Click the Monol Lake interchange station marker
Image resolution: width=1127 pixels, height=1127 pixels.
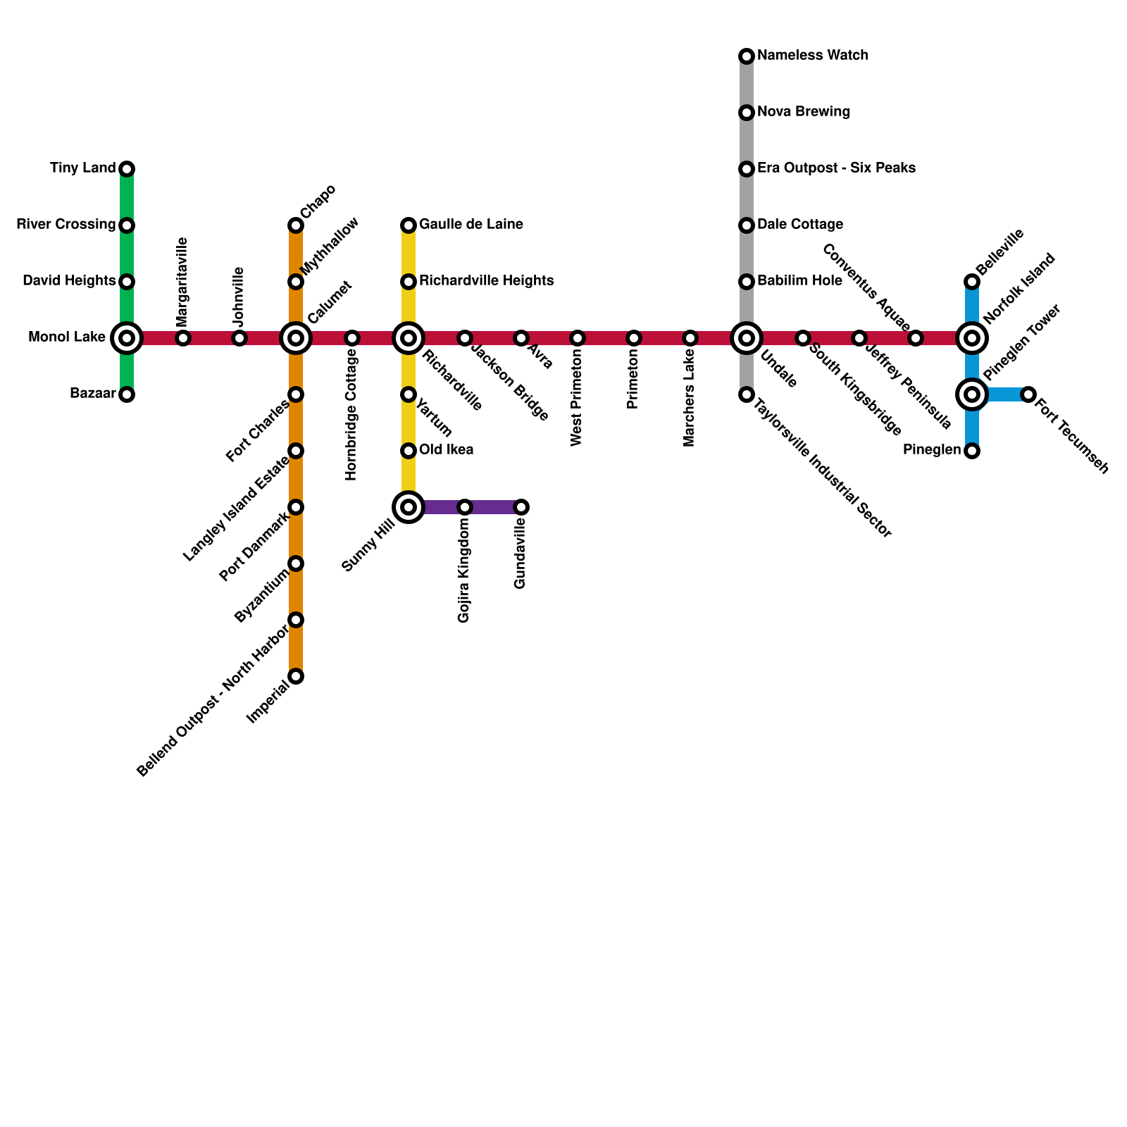tap(127, 338)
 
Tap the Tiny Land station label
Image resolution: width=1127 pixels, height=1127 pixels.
tap(82, 168)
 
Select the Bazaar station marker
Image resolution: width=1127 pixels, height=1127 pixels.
tap(127, 394)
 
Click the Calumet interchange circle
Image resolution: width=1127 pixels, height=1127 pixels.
tap(296, 338)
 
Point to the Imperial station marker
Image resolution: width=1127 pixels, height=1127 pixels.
tap(296, 676)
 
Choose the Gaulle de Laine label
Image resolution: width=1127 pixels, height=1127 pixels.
tap(471, 225)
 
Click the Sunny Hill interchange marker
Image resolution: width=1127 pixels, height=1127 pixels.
tap(409, 507)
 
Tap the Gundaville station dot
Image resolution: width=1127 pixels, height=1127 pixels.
tap(521, 507)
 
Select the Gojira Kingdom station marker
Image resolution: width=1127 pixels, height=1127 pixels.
tap(465, 507)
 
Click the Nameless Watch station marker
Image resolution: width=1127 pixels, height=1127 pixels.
tap(747, 56)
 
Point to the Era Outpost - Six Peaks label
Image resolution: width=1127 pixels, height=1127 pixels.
tap(836, 168)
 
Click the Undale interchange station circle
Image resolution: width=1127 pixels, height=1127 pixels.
tap(747, 338)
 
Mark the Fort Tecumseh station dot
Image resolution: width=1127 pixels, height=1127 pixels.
tap(1028, 394)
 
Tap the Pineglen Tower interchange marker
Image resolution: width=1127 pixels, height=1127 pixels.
tap(972, 394)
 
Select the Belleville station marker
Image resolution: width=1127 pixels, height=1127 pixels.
tap(972, 282)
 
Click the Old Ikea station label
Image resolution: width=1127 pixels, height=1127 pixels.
tap(446, 450)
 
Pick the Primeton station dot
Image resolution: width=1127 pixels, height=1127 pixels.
tap(634, 338)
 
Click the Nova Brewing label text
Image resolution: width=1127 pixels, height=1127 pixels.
tap(804, 112)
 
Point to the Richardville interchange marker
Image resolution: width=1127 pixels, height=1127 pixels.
tap(409, 338)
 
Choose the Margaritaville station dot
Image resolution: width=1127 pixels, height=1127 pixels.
tap(183, 338)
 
